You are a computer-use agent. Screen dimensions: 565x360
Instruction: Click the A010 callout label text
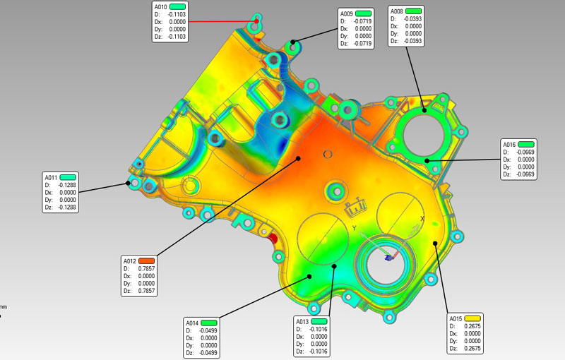coord(161,7)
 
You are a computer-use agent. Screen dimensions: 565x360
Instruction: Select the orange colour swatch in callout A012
coord(147,260)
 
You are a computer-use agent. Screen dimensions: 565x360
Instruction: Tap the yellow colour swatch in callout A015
coord(472,318)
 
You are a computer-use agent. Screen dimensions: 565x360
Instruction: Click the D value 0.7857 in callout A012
coord(146,268)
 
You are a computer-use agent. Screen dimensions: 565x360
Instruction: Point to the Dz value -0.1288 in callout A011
coord(67,208)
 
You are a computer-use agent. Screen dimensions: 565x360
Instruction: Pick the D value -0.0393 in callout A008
coord(412,19)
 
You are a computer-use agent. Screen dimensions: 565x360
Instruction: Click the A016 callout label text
coord(509,145)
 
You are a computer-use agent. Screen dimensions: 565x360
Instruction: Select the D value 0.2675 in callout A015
coord(472,326)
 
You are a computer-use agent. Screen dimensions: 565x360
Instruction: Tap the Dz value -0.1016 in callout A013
coord(319,352)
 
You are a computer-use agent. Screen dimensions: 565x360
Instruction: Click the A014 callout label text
coord(192,323)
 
